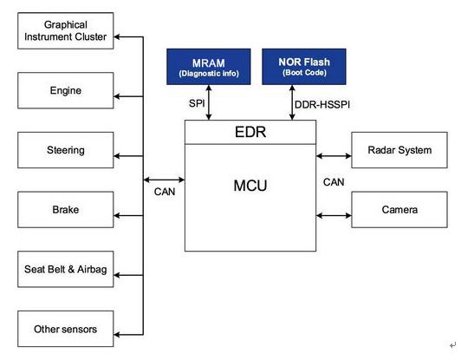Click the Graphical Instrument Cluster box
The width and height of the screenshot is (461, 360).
(66, 30)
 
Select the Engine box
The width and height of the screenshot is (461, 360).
(66, 90)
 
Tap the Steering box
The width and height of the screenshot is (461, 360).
(66, 150)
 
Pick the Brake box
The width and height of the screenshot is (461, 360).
(66, 210)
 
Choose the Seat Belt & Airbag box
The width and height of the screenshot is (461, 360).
(66, 269)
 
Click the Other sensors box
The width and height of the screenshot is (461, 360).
(66, 329)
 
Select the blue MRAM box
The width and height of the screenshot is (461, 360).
(209, 67)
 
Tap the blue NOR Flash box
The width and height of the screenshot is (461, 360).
(304, 67)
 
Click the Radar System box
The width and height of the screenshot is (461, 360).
(399, 150)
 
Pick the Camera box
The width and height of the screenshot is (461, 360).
(399, 210)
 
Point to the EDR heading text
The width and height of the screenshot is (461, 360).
(250, 132)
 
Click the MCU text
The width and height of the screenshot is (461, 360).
(250, 186)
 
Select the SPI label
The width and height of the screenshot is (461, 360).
(197, 103)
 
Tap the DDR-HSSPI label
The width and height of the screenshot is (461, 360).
(322, 105)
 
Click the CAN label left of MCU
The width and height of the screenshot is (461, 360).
(165, 192)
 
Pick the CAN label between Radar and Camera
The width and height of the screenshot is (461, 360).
(334, 182)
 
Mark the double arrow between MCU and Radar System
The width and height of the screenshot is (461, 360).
(334, 156)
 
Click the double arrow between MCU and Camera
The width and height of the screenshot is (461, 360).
(334, 216)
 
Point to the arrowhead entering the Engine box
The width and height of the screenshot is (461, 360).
(117, 96)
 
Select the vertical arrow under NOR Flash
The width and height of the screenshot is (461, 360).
(292, 102)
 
